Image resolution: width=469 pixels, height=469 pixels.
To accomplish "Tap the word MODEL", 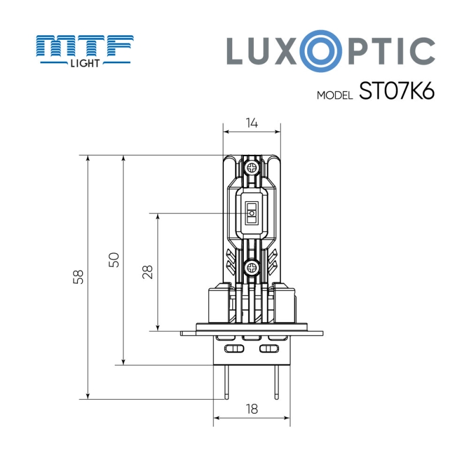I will tap(334, 95).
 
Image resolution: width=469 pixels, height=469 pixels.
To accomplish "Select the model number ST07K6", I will tap(396, 92).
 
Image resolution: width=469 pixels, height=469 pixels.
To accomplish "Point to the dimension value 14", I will tap(252, 123).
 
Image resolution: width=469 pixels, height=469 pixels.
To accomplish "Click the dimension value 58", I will tap(79, 277).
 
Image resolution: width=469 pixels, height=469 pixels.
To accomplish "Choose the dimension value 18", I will tap(252, 409).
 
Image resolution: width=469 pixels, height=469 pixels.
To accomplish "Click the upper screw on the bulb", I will tap(252, 167).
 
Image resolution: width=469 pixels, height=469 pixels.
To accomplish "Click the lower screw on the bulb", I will tap(252, 268).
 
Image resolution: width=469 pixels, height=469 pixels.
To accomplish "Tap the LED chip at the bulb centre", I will tap(252, 210).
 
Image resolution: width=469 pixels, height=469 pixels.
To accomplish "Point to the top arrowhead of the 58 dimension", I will tap(87, 159).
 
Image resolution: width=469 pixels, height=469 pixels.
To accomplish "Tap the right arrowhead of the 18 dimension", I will tap(287, 419).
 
